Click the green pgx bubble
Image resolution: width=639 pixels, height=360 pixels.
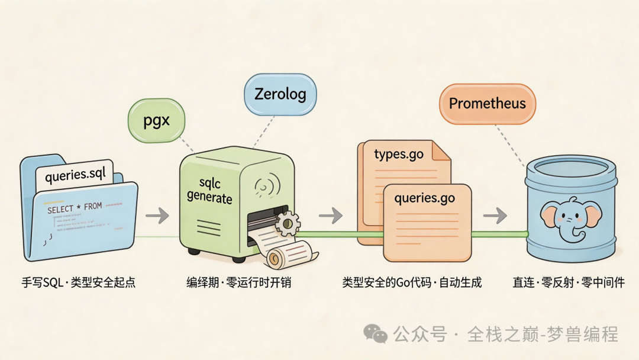coord(157,121)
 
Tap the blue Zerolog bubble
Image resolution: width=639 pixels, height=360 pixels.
coord(280,94)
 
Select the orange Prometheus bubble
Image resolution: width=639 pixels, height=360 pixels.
coord(487,104)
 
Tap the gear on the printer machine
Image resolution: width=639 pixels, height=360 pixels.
coord(288,223)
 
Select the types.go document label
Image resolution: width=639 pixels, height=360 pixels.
coord(399,155)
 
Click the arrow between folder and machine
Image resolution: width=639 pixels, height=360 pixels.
coord(157,216)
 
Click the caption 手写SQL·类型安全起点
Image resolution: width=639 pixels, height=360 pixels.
coord(79,282)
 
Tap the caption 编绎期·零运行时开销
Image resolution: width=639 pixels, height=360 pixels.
coord(238,282)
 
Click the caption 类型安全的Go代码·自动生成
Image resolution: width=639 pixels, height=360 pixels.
coord(412,282)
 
